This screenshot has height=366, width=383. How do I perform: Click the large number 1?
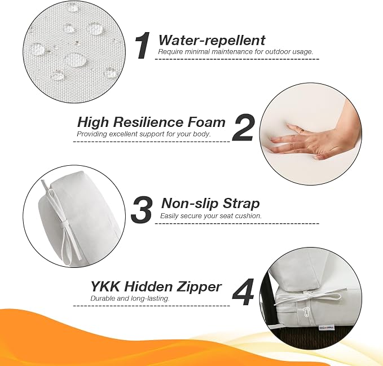[143, 46]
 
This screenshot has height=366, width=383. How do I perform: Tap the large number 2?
[243, 127]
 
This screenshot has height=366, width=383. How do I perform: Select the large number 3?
[142, 209]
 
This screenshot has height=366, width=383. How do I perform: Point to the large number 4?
[243, 292]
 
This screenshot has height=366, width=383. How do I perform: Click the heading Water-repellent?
[212, 40]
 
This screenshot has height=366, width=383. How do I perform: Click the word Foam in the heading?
[206, 122]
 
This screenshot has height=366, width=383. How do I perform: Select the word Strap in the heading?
[241, 204]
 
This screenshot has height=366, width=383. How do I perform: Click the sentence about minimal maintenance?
[235, 52]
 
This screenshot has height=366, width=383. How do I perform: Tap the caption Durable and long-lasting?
[130, 298]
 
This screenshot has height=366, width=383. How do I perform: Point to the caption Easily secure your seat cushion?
[211, 216]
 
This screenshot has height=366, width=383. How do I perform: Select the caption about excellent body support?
[144, 134]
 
